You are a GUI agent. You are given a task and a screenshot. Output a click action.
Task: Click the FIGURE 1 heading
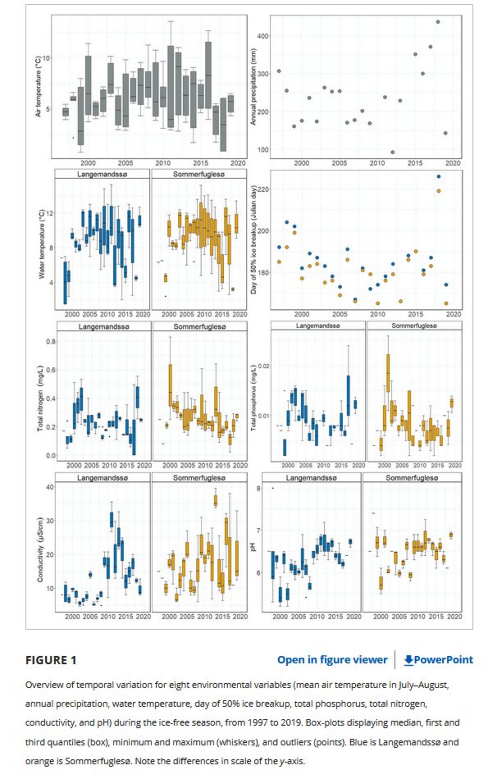pos(51,660)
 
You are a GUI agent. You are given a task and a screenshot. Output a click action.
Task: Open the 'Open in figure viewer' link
pos(332,660)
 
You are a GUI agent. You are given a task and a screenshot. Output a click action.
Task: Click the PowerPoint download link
pos(438,660)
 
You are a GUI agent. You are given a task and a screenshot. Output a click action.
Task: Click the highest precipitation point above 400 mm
pos(438,22)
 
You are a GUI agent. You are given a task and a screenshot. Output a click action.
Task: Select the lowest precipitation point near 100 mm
pos(393,152)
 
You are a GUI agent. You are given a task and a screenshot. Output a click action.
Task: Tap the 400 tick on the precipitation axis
pos(264,36)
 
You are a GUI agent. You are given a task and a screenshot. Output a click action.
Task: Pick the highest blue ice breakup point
pos(438,177)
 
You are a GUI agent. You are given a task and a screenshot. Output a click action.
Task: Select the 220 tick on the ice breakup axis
pos(264,189)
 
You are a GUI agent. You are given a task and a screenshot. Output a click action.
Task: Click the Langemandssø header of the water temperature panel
pos(102,174)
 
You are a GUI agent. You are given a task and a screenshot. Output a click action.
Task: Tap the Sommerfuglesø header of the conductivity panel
pos(199,478)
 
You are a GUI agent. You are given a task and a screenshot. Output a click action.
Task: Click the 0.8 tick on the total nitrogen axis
pos(51,341)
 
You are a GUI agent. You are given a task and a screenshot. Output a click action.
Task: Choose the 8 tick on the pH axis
pos(258,488)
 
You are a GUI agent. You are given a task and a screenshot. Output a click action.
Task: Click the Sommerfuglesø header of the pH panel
pos(412,478)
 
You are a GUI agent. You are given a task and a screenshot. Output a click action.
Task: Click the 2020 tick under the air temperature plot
pos(238,163)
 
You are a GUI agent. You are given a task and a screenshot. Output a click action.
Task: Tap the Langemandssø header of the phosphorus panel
pos(318,325)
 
